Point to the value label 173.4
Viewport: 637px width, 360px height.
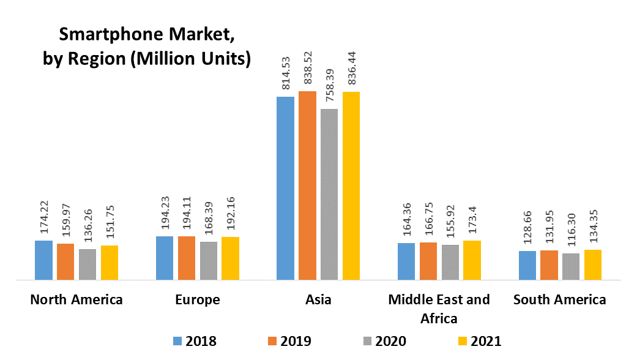[x=472, y=221]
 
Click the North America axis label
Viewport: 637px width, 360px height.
[x=76, y=299]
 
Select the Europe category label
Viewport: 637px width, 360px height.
[x=197, y=299]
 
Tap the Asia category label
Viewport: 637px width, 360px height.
[x=318, y=299]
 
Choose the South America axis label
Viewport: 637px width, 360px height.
[x=560, y=299]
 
